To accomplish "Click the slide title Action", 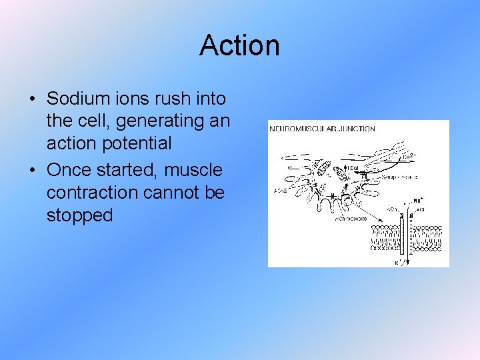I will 239,45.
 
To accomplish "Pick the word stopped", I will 79,216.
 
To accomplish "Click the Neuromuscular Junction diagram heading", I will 323,129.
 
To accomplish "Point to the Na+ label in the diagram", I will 419,199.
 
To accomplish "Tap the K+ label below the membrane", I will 398,262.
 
